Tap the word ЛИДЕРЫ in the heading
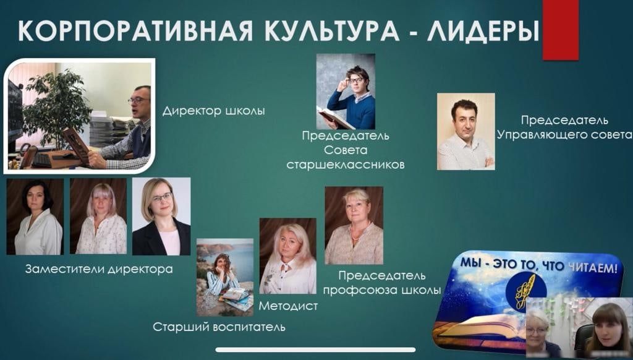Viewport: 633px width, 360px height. pyautogui.click(x=483, y=31)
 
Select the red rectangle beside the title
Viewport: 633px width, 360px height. pyautogui.click(x=560, y=30)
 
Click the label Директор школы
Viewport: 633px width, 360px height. pyautogui.click(x=213, y=111)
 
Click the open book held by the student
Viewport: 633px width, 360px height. pyautogui.click(x=336, y=117)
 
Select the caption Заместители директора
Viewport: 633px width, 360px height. pyautogui.click(x=99, y=269)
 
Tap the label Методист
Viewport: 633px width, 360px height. pyautogui.click(x=288, y=306)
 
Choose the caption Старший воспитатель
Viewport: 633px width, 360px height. pyautogui.click(x=219, y=327)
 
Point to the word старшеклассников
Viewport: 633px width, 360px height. pyautogui.click(x=346, y=165)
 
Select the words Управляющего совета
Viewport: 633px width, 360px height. pyautogui.click(x=565, y=135)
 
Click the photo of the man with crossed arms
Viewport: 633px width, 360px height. pyautogui.click(x=466, y=131)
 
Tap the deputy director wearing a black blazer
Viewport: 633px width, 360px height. pyautogui.click(x=161, y=216)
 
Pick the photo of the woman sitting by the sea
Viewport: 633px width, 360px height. pyautogui.click(x=225, y=277)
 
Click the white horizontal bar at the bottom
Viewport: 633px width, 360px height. pyautogui.click(x=315, y=350)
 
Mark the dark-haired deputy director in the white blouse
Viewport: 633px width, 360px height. pyautogui.click(x=35, y=216)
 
